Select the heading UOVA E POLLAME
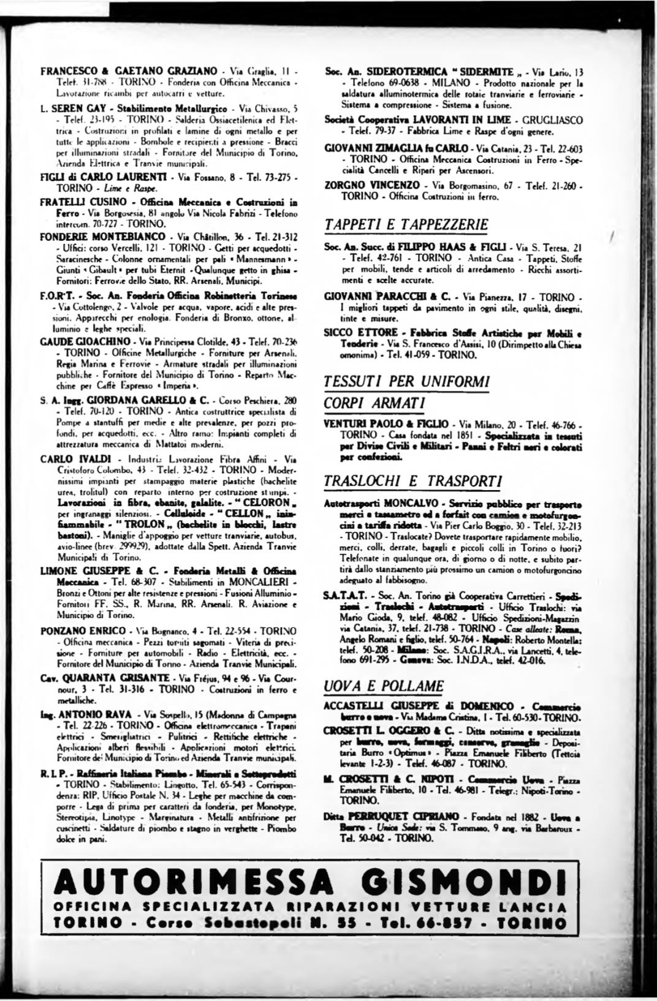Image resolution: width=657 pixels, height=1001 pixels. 384,685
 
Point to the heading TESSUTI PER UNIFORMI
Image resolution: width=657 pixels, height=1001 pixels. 406,381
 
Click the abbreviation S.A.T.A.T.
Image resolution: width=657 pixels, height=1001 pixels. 345,595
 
